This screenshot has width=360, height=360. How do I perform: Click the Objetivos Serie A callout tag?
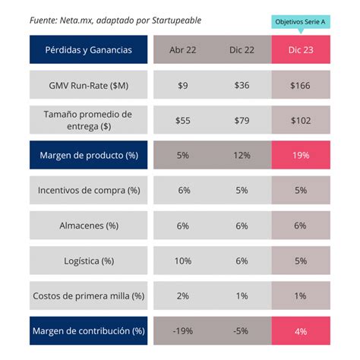300,22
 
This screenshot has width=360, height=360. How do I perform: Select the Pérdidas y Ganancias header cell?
88,50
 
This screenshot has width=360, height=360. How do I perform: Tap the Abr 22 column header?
183,50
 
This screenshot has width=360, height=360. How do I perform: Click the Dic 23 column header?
300,50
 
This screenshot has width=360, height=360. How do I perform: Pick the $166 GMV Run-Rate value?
300,85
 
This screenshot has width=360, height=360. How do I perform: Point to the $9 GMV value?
183,85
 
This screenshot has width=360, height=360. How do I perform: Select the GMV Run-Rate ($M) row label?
88,85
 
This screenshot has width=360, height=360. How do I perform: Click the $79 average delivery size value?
242,120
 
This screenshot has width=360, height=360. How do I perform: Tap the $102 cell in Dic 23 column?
300,120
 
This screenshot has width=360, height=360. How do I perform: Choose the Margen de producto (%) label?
88,155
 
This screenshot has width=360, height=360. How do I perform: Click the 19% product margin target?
300,155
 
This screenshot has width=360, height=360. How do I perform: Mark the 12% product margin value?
242,155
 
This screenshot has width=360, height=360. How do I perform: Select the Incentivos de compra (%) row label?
88,190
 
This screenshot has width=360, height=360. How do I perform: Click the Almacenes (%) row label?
88,226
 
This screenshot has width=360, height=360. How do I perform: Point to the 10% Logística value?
183,261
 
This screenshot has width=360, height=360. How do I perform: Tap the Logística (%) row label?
88,261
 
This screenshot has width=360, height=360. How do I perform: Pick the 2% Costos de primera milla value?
183,295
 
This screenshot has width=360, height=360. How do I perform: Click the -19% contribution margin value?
183,330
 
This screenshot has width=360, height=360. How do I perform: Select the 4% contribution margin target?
300,330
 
